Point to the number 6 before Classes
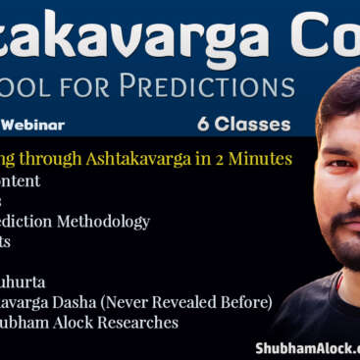tap(201, 125)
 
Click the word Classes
tap(252, 125)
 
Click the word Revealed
tap(182, 302)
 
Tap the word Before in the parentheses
tap(243, 302)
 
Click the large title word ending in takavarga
tap(132, 36)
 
